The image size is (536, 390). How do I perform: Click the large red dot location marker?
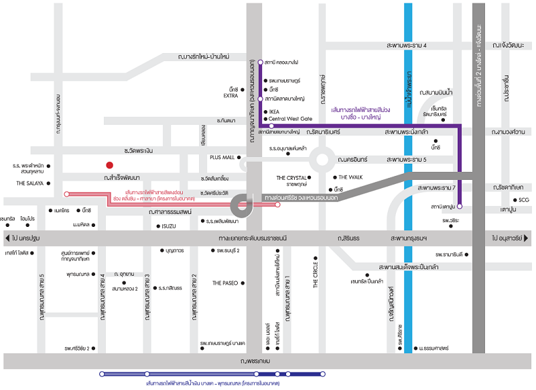point(109,164)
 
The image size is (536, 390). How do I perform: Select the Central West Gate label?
point(291,119)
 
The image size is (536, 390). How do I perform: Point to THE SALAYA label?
point(30,183)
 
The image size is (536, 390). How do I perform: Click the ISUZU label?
point(168,226)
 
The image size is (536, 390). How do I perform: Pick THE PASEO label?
point(226,283)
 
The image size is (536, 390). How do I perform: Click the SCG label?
point(525,200)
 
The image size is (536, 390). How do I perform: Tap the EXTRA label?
point(230,96)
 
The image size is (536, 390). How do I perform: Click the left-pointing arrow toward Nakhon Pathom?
point(7,238)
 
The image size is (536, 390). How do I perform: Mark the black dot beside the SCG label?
point(515,200)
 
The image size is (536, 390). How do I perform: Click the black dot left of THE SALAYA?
point(49,183)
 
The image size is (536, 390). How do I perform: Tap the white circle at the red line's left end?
point(66,194)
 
